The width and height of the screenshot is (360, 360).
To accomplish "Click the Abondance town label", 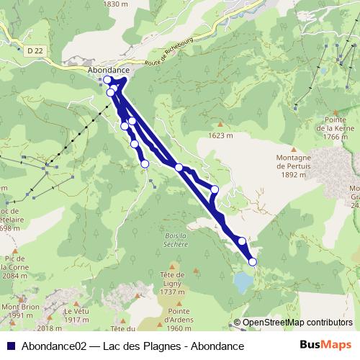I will coord(107,70).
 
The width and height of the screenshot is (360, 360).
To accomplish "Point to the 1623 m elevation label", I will coord(220,135).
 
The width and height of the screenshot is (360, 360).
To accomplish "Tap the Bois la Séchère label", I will coord(176,239).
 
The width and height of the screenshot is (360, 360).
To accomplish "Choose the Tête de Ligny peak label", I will coord(173,282).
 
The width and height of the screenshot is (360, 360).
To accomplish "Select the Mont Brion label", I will coord(19,311).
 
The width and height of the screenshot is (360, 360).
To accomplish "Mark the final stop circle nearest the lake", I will coord(253,262).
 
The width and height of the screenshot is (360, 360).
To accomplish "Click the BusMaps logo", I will coord(327,346).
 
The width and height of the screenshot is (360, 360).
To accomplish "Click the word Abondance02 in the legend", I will coord(54,346).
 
